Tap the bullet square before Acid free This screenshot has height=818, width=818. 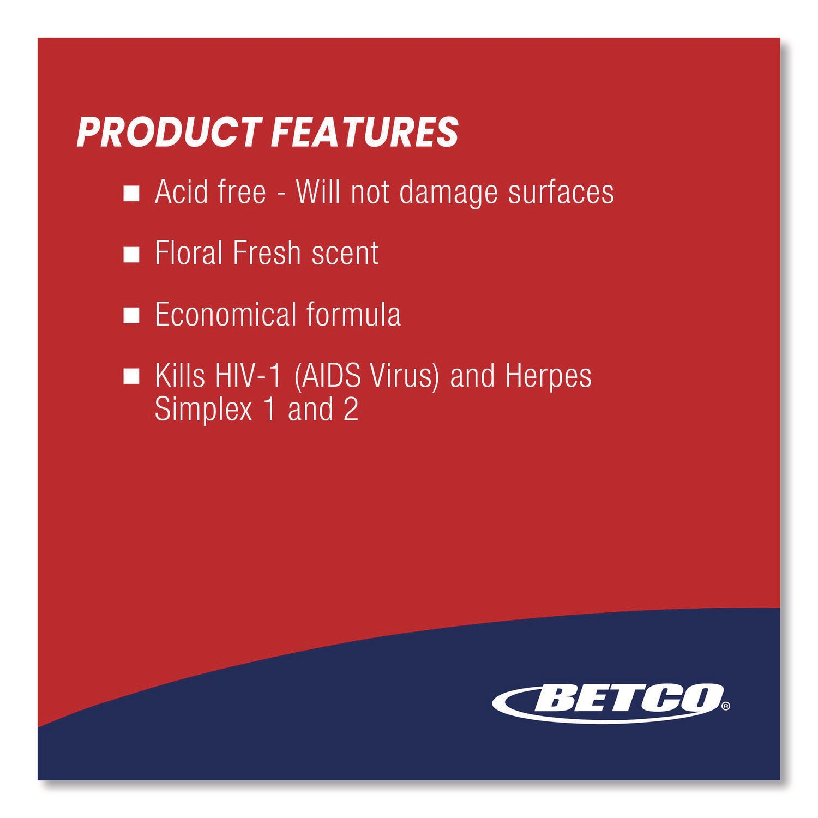coord(131,194)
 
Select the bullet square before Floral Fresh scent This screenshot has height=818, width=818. coord(131,255)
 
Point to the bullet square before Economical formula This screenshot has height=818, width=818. coord(131,316)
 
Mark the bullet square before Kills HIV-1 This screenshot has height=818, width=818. coord(131,377)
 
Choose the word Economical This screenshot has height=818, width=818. coord(225,315)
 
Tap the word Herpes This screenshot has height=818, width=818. coord(548,377)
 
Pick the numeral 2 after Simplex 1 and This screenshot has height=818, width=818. coord(351,410)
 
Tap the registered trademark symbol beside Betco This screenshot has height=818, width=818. coord(725,707)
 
